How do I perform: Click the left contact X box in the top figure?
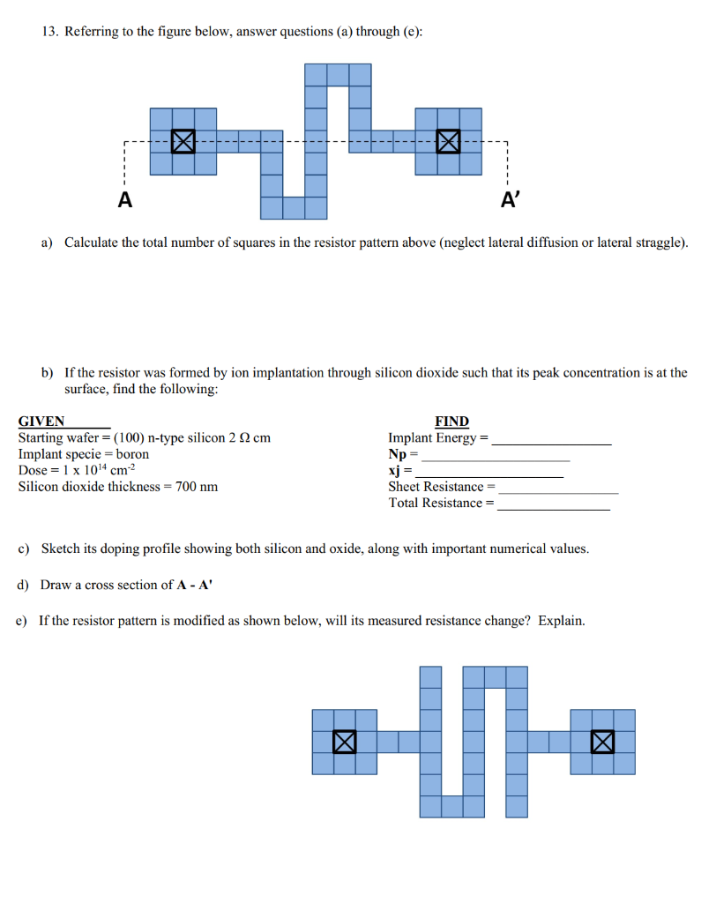coord(183,141)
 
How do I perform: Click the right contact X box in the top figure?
coord(448,141)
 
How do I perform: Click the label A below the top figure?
coord(126,201)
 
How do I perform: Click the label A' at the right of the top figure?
coord(511,201)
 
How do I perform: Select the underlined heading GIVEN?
coord(41,422)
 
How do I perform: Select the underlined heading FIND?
coord(451,422)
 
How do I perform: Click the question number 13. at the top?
coord(51,32)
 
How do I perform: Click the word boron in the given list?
coord(133,454)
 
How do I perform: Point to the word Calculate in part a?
coord(93,243)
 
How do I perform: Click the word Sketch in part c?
coord(61,549)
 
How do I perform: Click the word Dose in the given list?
coord(33,470)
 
